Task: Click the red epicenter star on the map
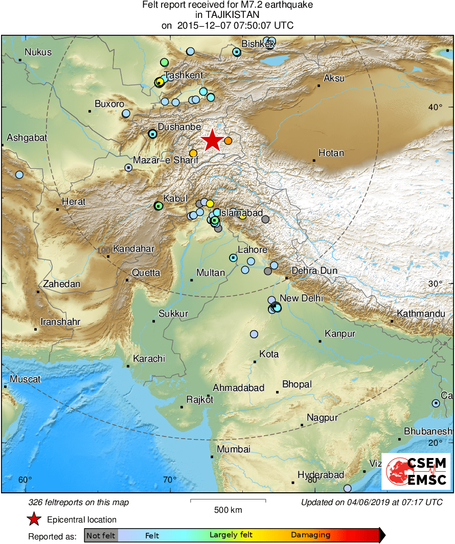(212, 140)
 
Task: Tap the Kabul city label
(175, 199)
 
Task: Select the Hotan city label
(331, 153)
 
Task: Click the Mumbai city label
(233, 449)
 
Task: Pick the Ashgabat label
(27, 138)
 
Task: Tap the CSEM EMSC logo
(417, 471)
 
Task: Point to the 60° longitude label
(25, 480)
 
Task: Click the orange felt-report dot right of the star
(228, 141)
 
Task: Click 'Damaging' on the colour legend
(311, 535)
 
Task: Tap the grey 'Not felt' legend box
(101, 535)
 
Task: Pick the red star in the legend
(34, 519)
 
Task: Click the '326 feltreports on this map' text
(79, 503)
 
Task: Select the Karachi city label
(149, 359)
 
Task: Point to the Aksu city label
(334, 78)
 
